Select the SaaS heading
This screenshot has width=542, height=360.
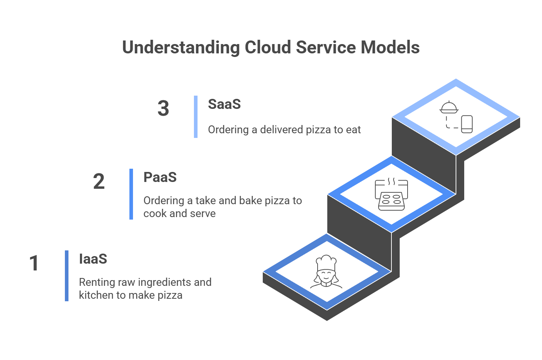(x=224, y=104)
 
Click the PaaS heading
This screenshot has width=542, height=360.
(x=160, y=177)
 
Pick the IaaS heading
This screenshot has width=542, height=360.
(x=93, y=259)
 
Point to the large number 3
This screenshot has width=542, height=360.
(x=163, y=109)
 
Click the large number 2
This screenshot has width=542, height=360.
(x=99, y=182)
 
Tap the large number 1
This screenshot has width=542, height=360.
(x=34, y=263)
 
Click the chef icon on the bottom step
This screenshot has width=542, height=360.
(x=326, y=272)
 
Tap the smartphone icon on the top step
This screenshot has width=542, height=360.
(x=466, y=124)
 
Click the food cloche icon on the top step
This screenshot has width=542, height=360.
(x=449, y=107)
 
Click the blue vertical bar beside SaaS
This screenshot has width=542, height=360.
(x=196, y=116)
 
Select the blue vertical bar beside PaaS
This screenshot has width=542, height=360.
(x=131, y=194)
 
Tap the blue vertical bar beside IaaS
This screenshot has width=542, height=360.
(x=67, y=276)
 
